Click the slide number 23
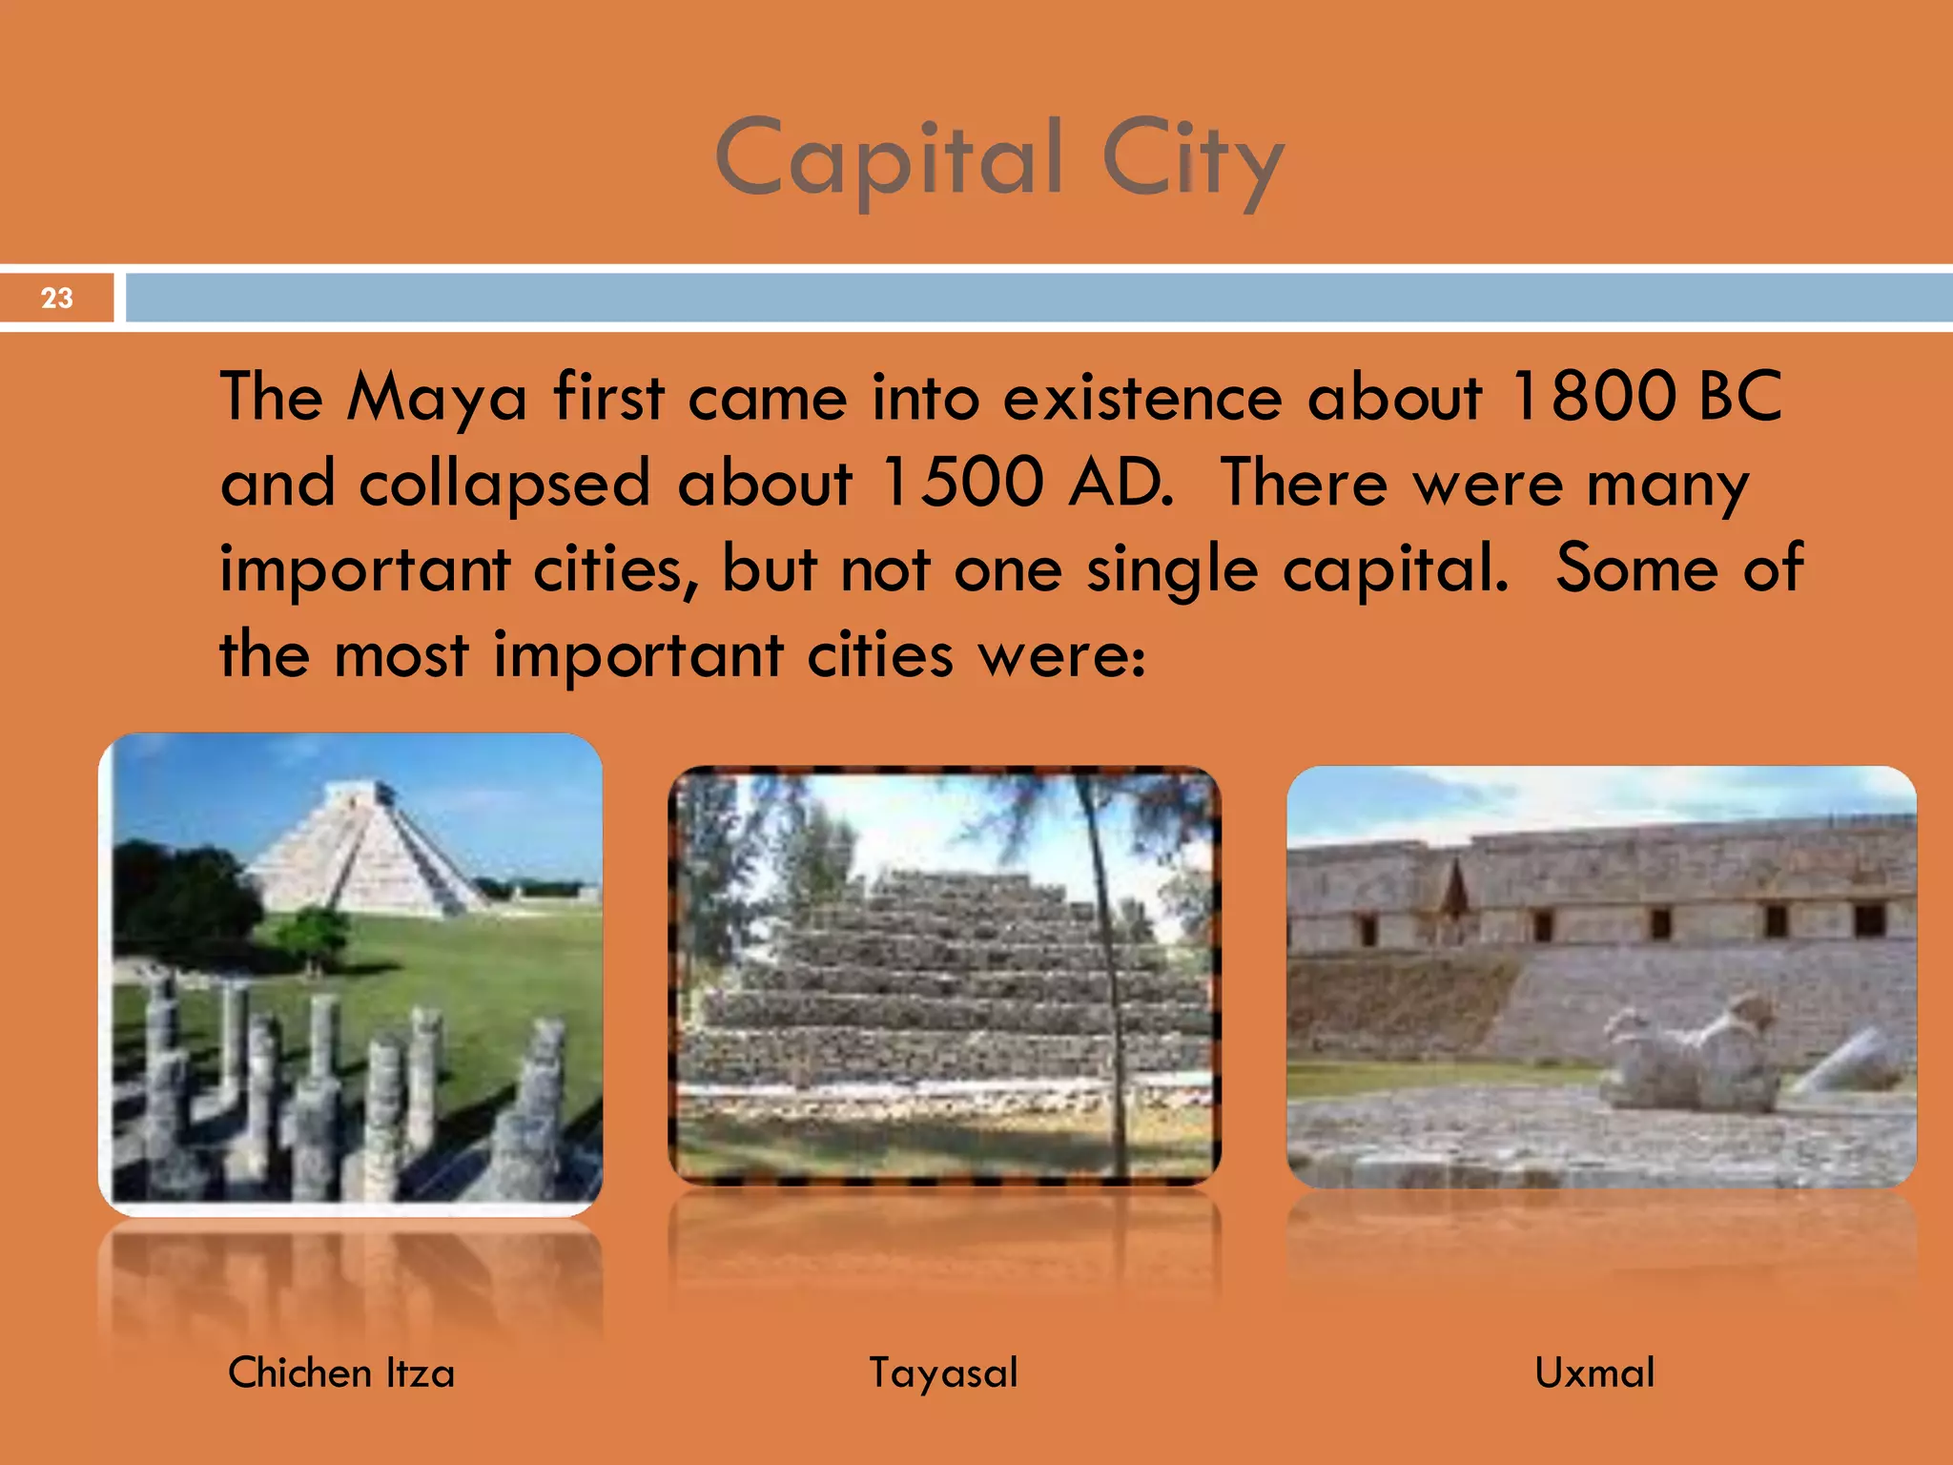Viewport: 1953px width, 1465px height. pyautogui.click(x=56, y=298)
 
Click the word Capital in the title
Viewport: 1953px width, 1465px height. pyautogui.click(x=889, y=158)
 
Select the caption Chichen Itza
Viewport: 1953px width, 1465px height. pyautogui.click(x=341, y=1372)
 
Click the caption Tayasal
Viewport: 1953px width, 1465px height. pyautogui.click(x=943, y=1372)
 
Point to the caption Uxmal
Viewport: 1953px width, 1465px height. pyautogui.click(x=1594, y=1372)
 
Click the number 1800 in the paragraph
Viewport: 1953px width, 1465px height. pyautogui.click(x=1593, y=396)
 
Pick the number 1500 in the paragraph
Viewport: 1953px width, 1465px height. pyautogui.click(x=962, y=482)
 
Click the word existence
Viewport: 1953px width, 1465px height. pyautogui.click(x=1141, y=396)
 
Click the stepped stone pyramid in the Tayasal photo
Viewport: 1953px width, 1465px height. pyautogui.click(x=944, y=982)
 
